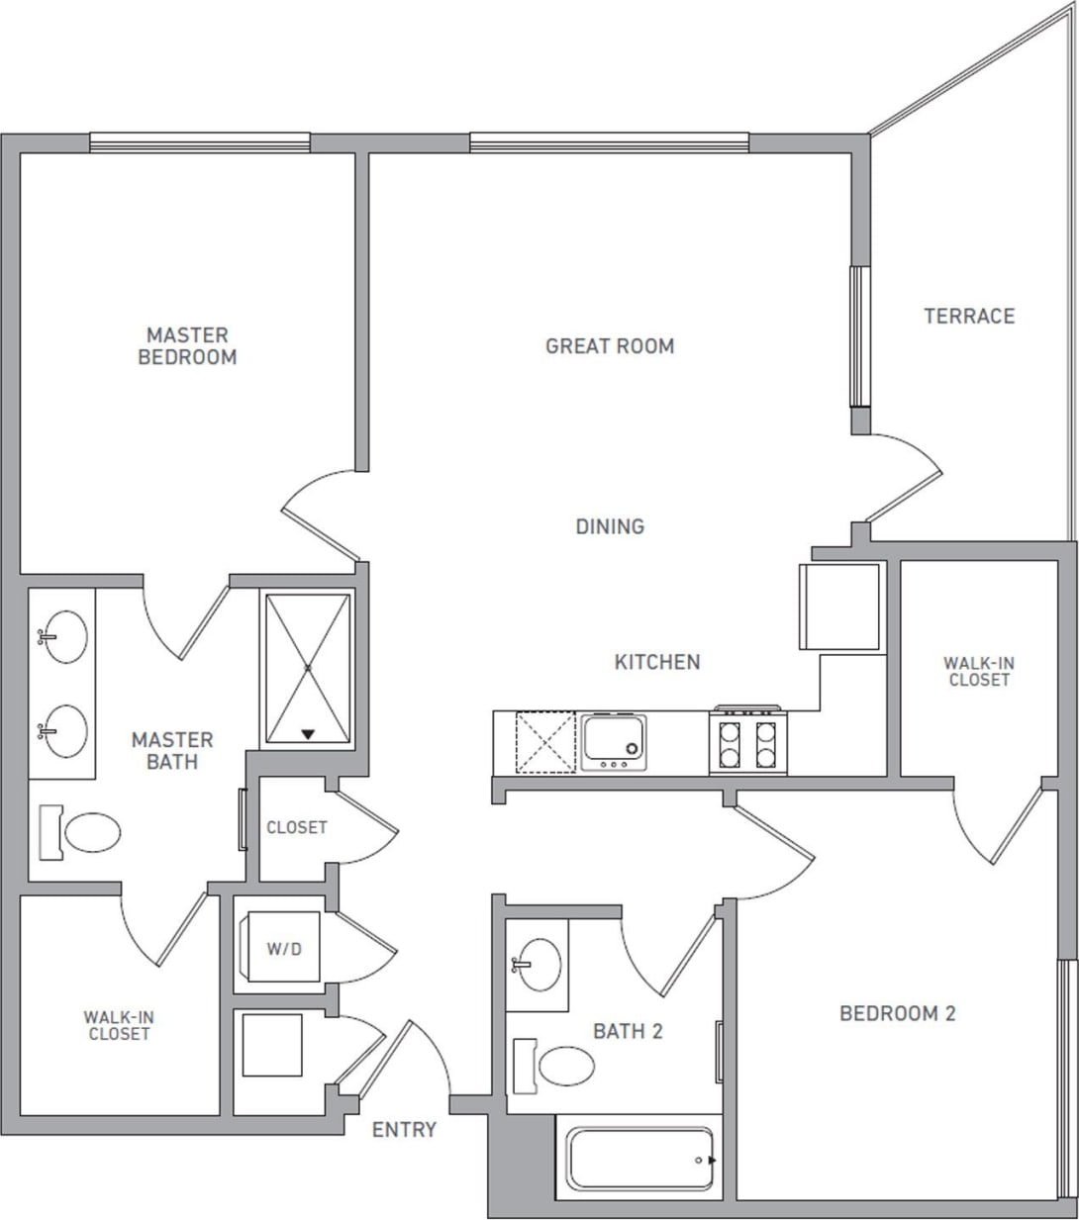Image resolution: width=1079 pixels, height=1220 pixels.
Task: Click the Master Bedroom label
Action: pos(187,346)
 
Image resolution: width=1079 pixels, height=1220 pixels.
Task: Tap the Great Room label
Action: pos(610,346)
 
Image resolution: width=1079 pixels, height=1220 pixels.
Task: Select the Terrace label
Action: pos(969,316)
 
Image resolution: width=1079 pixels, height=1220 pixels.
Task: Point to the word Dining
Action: pos(610,526)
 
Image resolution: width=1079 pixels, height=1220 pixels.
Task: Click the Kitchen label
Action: pos(657,662)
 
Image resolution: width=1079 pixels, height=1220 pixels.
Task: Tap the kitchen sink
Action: pos(614,741)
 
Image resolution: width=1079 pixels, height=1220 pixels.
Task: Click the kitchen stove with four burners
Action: pos(748,743)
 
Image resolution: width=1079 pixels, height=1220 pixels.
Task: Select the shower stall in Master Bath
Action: pos(308,669)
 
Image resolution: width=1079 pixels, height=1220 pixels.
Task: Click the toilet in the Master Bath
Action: pos(82,833)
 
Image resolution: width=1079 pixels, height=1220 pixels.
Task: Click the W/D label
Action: pos(284,949)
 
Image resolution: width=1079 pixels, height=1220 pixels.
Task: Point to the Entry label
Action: pos(404,1129)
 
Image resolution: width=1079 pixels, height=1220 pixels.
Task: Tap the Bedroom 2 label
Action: pos(897,1013)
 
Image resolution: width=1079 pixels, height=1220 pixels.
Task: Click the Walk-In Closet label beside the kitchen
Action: pos(978,671)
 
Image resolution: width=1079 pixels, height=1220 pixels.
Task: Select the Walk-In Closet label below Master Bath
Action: pos(119,1025)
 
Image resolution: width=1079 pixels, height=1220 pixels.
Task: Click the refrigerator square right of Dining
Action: pos(839,607)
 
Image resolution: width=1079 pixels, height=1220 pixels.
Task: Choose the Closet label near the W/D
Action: pos(296,827)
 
